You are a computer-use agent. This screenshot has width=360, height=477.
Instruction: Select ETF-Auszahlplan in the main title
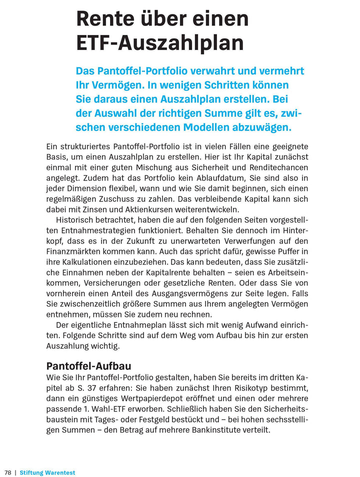[x=159, y=43]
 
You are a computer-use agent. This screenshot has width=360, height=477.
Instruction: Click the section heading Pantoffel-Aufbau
[x=88, y=366]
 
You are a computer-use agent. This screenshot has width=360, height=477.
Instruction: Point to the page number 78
[x=8, y=472]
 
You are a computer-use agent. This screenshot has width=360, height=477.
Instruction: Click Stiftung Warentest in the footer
[x=47, y=472]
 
